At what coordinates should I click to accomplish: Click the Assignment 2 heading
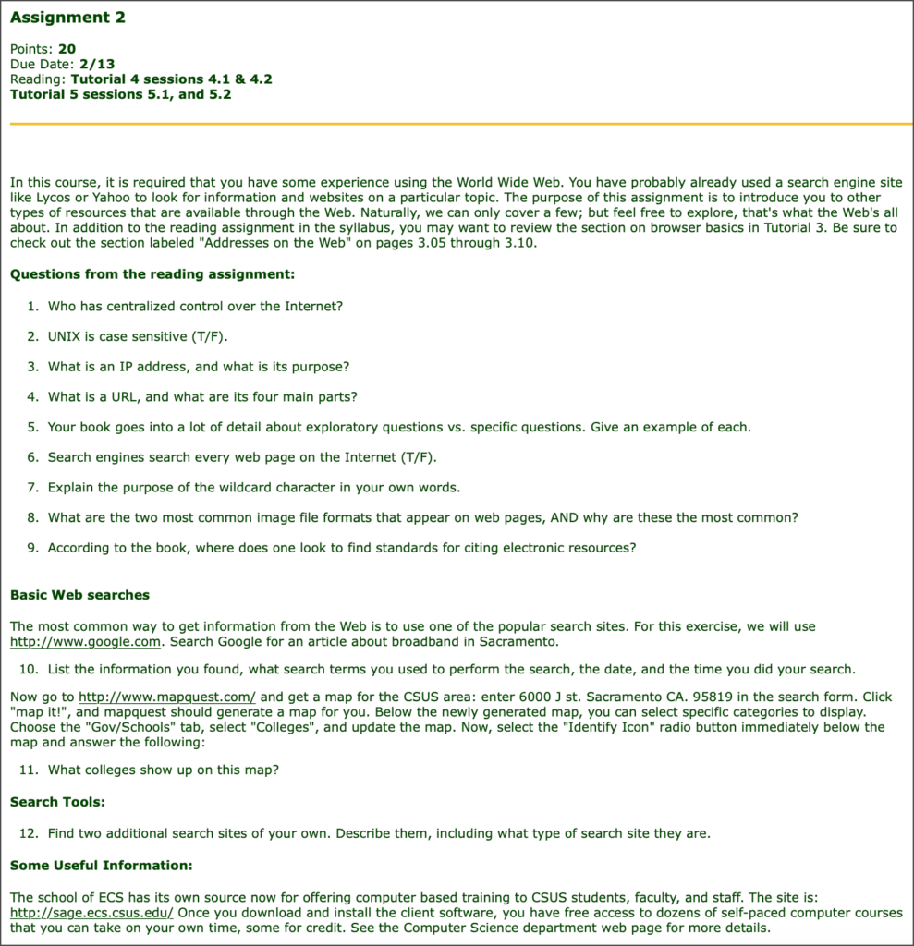pos(67,18)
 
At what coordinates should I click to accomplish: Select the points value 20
pos(67,48)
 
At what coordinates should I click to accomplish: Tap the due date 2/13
pos(97,64)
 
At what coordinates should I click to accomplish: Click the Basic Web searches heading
pos(79,595)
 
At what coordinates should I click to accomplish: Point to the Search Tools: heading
pos(57,802)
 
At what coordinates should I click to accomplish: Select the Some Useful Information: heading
pos(101,866)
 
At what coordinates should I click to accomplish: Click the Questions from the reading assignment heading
pos(152,274)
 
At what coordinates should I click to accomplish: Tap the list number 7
pos(32,487)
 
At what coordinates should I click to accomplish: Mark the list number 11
pos(29,770)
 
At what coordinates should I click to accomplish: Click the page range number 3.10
pos(512,243)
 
